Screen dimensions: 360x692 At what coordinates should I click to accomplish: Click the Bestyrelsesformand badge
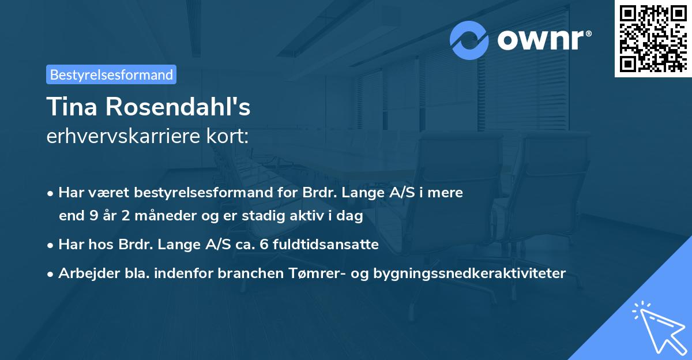pyautogui.click(x=111, y=74)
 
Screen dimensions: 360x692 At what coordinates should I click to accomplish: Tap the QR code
pyautogui.click(x=652, y=39)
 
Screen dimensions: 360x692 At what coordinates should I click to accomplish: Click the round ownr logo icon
pyautogui.click(x=469, y=40)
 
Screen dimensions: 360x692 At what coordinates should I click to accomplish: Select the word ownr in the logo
pyautogui.click(x=540, y=40)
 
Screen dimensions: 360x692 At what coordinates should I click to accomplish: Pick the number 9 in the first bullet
pyautogui.click(x=93, y=216)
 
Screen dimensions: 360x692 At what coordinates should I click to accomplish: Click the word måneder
pyautogui.click(x=156, y=216)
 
